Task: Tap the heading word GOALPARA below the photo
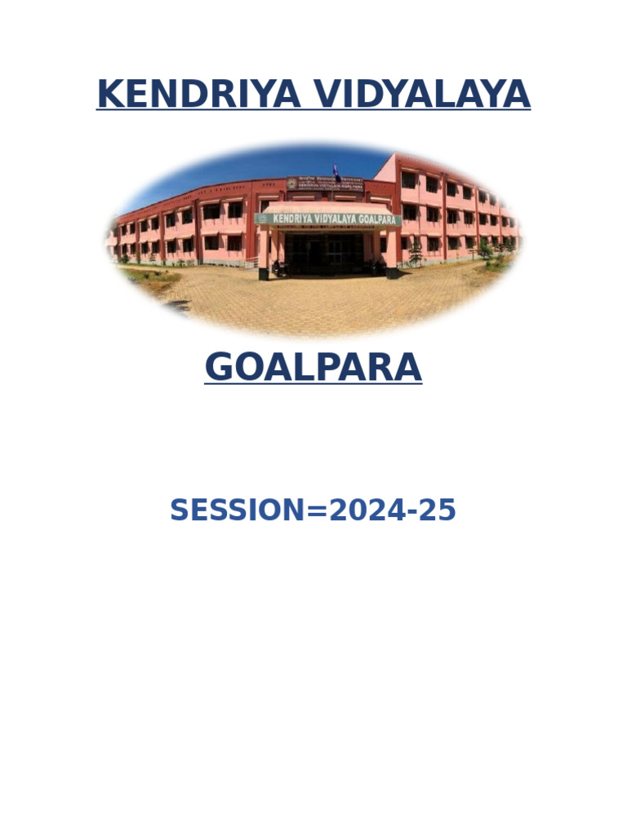313,368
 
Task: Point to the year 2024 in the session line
365,510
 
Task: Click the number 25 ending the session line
438,510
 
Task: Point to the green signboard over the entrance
327,219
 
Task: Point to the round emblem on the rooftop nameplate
291,183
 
